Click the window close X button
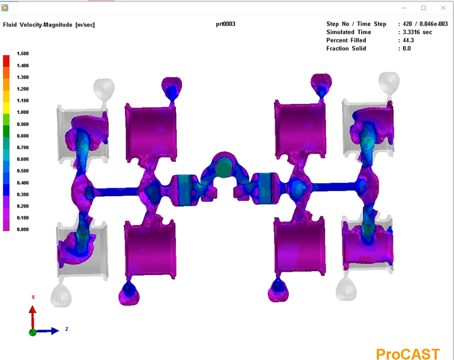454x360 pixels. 443,8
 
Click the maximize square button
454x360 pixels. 423,8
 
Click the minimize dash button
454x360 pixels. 404,8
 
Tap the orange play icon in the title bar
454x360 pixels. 5,8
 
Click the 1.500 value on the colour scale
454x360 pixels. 23,54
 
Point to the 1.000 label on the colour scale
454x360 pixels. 23,112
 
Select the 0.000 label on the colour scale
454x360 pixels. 23,229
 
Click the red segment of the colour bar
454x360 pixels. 6,61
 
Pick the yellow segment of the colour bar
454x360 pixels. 6,107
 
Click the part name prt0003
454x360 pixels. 226,24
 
